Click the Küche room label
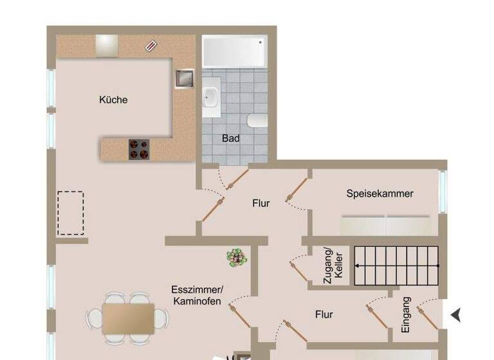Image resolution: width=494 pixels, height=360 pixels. pos(113,100)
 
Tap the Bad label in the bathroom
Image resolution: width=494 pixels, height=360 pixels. pos(231,138)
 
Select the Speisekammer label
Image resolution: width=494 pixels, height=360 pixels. pos(380,194)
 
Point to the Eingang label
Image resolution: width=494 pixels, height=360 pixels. pos(406,315)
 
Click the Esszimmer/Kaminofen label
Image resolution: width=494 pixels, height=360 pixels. pos(197,295)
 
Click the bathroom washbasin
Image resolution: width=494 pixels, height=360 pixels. pos(211,97)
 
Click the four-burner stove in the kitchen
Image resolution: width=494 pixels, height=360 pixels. pos(138,149)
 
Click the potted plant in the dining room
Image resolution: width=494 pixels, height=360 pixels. pos(236,258)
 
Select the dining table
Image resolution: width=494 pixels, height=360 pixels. pos(128,316)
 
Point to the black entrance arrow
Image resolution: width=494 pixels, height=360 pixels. pos(456,314)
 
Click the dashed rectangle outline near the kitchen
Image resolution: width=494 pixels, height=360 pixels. pos(71,213)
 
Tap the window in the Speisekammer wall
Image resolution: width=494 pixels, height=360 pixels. pos(442,191)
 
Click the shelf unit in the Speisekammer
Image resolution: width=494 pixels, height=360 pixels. pos(385,226)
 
